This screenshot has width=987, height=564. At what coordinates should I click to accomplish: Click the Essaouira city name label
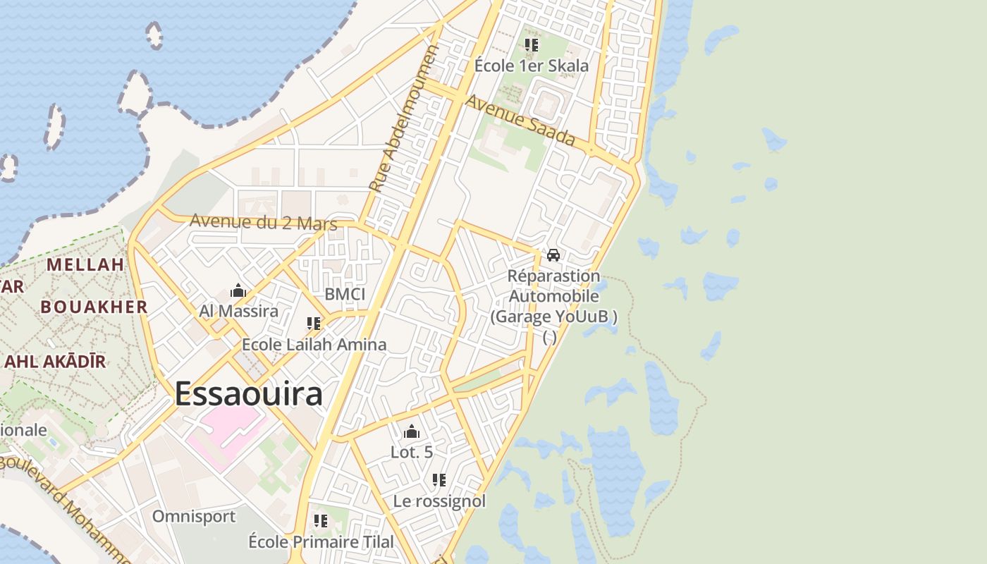[249, 393]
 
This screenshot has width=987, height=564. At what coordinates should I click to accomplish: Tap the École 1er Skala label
[531, 66]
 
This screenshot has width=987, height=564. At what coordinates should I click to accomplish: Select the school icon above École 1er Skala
[532, 45]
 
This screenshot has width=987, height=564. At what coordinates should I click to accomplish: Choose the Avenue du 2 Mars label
[263, 222]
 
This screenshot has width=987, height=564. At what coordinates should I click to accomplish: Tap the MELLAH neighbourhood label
[85, 265]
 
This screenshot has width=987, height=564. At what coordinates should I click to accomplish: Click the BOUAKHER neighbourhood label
[94, 307]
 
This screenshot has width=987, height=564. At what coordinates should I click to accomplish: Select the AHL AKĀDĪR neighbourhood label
[55, 362]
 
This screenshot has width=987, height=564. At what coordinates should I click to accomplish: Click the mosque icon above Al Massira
[238, 290]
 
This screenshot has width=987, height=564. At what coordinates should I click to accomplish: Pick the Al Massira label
[238, 311]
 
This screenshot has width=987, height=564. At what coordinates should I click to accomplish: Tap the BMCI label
[345, 294]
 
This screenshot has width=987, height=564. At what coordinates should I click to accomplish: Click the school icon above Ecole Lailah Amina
[314, 324]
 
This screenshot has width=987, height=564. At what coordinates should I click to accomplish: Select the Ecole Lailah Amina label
[314, 345]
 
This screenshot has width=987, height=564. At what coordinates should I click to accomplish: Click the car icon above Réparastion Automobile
[553, 255]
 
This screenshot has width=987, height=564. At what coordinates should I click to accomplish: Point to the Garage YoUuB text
[553, 317]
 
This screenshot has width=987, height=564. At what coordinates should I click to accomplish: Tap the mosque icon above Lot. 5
[412, 431]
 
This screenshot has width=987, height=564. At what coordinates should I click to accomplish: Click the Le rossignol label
[439, 501]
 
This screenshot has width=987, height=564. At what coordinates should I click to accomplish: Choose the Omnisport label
[194, 516]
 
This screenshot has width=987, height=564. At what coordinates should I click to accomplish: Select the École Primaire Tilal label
[321, 542]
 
